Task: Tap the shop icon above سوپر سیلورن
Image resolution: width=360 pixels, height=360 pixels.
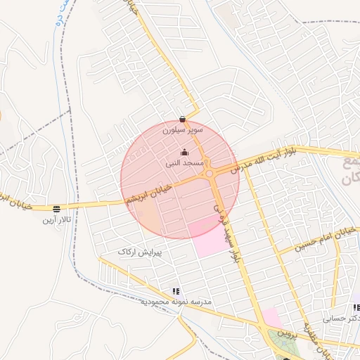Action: [183, 118]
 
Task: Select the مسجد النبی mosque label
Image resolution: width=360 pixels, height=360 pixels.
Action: [184, 162]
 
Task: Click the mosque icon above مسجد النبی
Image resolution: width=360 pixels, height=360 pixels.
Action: [184, 152]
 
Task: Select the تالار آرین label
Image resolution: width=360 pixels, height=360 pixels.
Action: [57, 219]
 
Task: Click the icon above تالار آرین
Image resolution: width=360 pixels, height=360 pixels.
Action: [57, 208]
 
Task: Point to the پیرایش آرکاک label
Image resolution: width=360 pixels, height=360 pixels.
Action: [140, 251]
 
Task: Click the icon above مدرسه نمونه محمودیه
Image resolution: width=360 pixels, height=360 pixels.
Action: [175, 290]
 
